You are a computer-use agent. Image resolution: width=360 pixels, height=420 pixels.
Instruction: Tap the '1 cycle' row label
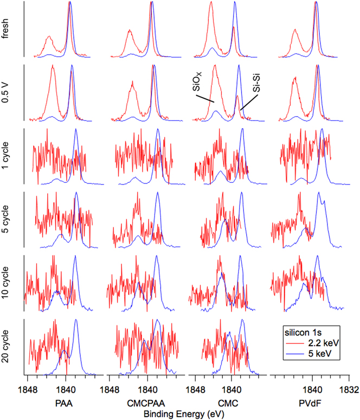coord(9,156)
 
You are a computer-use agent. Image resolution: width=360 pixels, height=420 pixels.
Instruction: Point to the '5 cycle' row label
coord(9,220)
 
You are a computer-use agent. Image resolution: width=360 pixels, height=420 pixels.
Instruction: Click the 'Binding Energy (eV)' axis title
coord(181,413)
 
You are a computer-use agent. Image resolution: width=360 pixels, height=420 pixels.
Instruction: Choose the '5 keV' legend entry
coord(321,353)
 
